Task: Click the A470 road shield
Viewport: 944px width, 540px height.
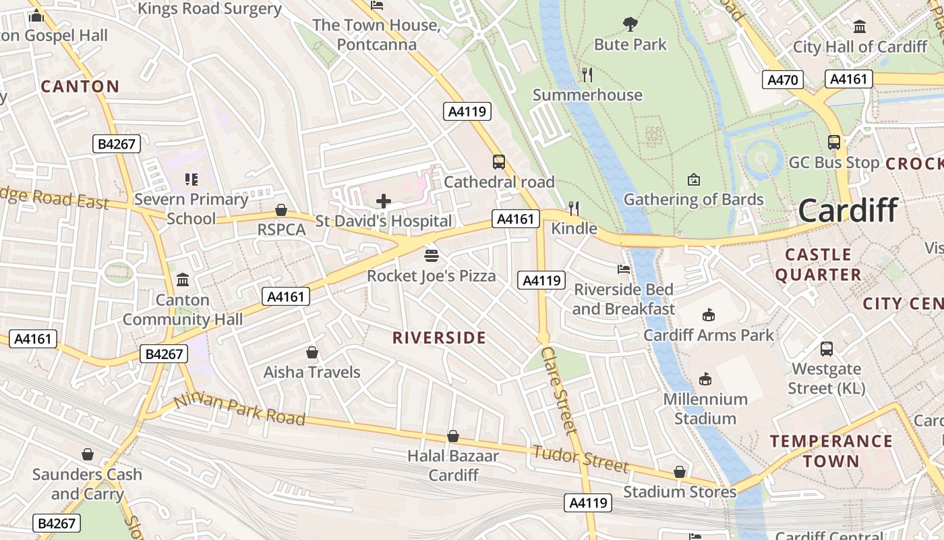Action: point(783,80)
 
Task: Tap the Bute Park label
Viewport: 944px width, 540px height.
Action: point(630,45)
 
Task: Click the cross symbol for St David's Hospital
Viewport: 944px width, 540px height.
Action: point(384,200)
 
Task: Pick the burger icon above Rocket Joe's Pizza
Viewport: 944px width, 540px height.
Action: point(432,256)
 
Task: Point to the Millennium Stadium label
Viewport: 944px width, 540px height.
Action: point(705,408)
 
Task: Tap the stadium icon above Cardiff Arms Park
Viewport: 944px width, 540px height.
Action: point(708,315)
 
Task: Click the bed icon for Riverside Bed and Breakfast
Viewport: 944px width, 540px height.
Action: point(624,269)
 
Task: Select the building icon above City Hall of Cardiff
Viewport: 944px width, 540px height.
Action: point(860,27)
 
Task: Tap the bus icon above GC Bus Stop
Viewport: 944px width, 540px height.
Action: point(834,142)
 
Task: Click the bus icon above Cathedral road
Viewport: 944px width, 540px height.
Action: point(499,162)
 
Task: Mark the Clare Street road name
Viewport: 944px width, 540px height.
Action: point(560,390)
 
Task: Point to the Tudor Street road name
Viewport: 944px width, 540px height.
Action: point(581,459)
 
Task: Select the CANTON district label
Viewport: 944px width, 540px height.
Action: point(80,86)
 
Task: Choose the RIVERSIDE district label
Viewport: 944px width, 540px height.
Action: point(439,337)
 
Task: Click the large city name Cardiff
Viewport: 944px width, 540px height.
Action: point(848,211)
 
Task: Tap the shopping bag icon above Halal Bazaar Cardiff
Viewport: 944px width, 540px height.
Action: point(453,436)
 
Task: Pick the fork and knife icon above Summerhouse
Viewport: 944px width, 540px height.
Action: point(587,75)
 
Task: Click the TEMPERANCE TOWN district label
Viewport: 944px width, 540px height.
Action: point(831,451)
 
